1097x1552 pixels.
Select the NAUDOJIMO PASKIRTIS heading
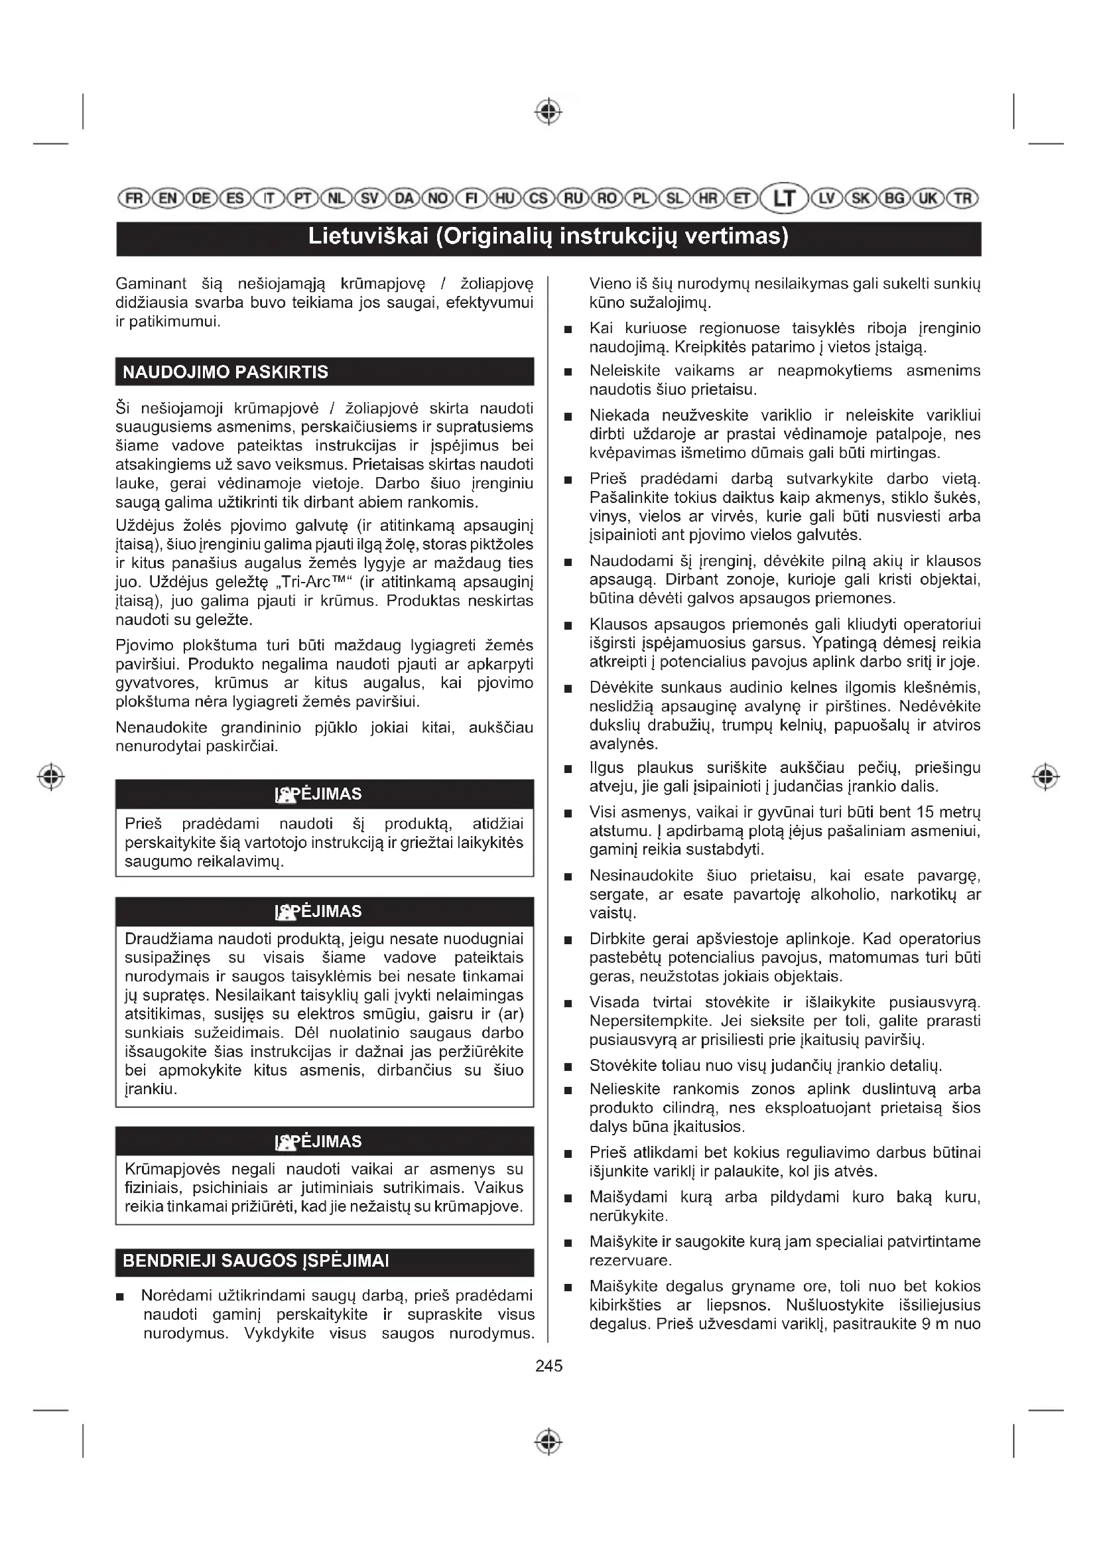click(x=226, y=372)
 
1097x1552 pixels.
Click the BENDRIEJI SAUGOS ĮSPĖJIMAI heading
click(x=256, y=1261)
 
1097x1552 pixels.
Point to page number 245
click(x=548, y=1366)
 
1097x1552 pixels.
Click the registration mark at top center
click(x=548, y=111)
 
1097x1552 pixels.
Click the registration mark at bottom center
click(x=548, y=1441)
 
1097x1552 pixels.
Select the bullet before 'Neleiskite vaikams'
click(x=568, y=372)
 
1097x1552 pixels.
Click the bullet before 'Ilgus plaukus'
click(x=568, y=769)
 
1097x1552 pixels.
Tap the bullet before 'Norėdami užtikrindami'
click(x=120, y=1297)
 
